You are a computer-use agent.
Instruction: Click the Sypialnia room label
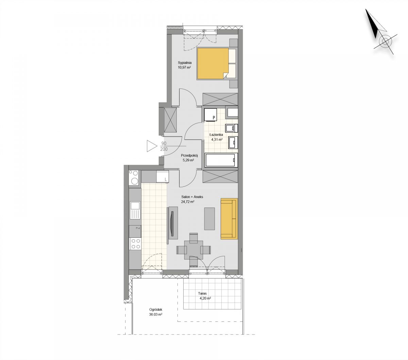[x=185, y=62]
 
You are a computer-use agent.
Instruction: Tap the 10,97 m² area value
[x=184, y=67]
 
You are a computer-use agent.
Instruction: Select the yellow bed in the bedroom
[x=213, y=64]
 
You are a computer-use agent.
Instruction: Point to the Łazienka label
[x=216, y=134]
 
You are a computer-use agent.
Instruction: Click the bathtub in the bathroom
[x=221, y=160]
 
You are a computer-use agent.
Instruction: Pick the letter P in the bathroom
[x=214, y=118]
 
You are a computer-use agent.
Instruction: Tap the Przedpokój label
[x=189, y=155]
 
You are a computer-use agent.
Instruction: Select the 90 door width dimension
[x=164, y=143]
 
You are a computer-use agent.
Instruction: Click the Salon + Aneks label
[x=192, y=197]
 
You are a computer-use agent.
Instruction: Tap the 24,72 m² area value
[x=188, y=202]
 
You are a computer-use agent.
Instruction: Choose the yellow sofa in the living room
[x=229, y=219]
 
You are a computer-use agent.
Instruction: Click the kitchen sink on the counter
[x=135, y=211]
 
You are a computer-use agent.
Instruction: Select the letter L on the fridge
[x=166, y=180]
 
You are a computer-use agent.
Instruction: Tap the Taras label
[x=202, y=293]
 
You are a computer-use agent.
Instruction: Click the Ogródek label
[x=156, y=310]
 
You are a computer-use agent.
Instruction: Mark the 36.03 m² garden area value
[x=156, y=314]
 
